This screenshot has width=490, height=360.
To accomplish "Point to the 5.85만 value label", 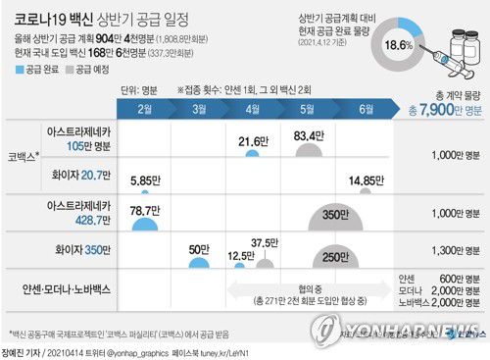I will (146, 180).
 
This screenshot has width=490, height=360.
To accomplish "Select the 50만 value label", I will (201, 249).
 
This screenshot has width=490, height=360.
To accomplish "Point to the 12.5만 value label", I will (241, 256).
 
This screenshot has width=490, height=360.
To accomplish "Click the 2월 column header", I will (147, 107).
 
